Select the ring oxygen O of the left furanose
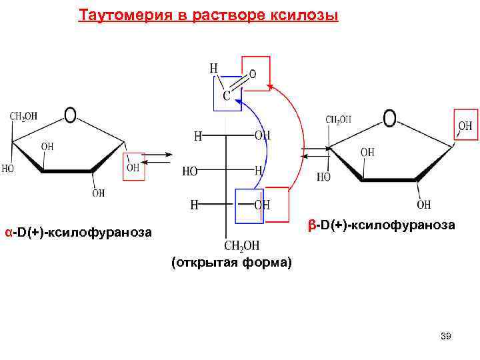click(x=70, y=115)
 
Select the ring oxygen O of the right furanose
click(x=389, y=119)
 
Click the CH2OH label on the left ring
click(x=23, y=117)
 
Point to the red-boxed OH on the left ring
click(x=133, y=167)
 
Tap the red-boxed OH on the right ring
click(x=465, y=125)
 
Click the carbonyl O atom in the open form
click(x=253, y=74)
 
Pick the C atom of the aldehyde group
click(x=226, y=97)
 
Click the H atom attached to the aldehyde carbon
click(x=213, y=68)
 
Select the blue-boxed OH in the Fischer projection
click(x=262, y=205)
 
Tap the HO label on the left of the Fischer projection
click(x=190, y=171)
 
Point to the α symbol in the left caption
click(x=8, y=233)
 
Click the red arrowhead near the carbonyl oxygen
click(x=270, y=86)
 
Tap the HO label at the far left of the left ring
click(x=7, y=169)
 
